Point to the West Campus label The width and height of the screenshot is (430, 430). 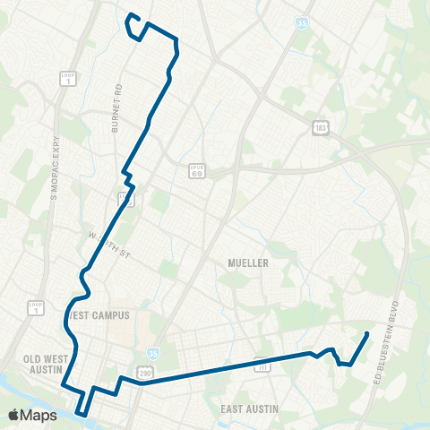coord(99,315)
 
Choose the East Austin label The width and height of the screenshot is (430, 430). coord(250,408)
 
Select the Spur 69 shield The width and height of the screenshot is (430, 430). coord(196,170)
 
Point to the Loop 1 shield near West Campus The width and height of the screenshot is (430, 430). coord(35,308)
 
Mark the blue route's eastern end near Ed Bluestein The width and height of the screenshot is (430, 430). coord(368,333)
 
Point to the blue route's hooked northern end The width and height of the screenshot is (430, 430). coord(131,15)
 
